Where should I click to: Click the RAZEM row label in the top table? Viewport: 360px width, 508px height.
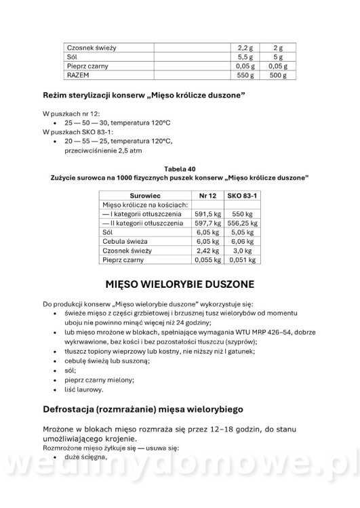point(77,75)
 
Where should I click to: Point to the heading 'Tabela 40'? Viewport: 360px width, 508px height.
point(180,167)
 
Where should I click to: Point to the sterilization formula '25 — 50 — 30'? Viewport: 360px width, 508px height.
point(86,122)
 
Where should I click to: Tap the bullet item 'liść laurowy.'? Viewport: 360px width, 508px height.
point(83,389)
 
